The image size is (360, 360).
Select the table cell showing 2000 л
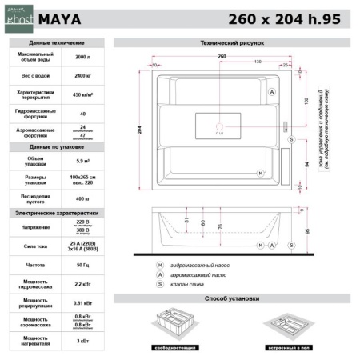tap(82, 58)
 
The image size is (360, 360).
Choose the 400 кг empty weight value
tap(82, 198)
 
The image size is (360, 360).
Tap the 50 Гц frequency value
tap(82, 263)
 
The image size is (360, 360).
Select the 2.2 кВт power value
tap(82, 282)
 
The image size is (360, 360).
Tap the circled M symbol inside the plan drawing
tap(259, 173)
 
